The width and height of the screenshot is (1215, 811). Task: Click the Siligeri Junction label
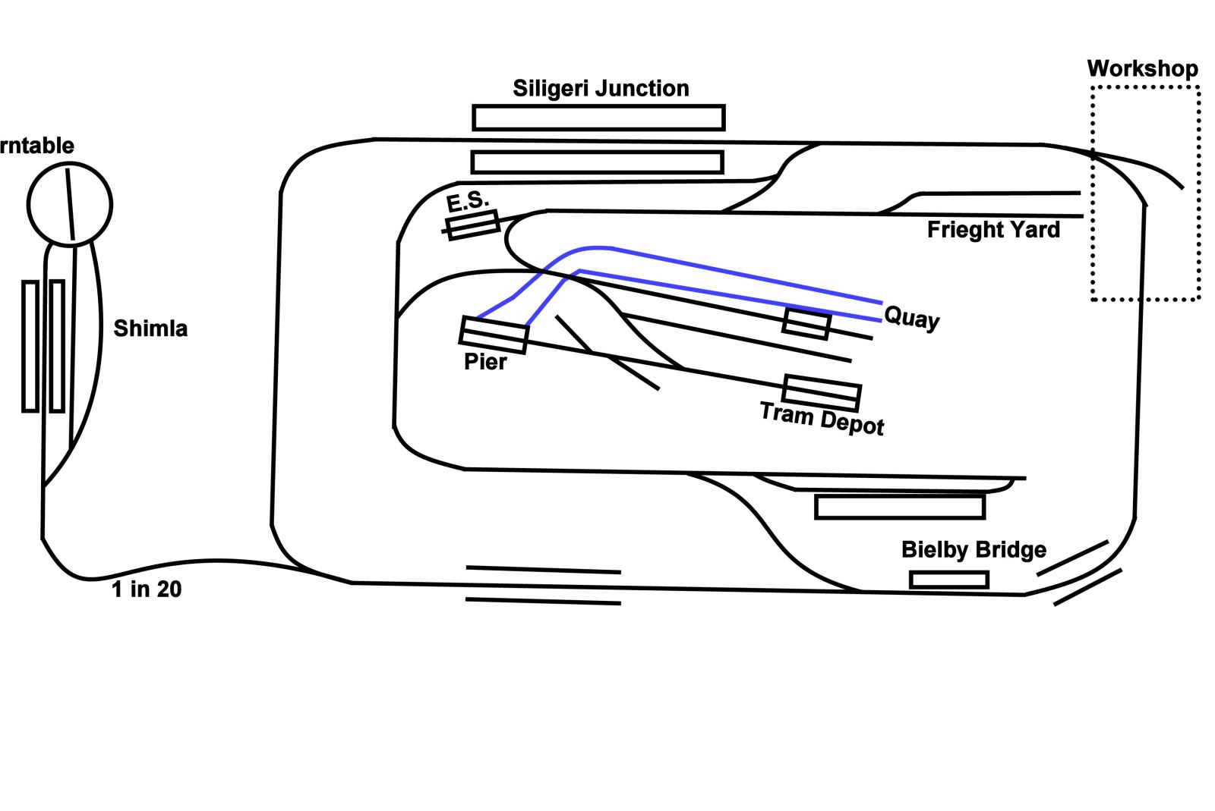[601, 89]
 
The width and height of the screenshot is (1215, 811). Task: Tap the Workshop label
[1142, 69]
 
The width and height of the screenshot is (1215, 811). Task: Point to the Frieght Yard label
[993, 230]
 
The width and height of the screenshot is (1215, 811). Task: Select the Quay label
[912, 317]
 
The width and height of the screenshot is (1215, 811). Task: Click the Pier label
[485, 362]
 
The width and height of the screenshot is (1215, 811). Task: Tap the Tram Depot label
[822, 419]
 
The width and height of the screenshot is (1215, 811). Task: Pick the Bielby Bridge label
[974, 549]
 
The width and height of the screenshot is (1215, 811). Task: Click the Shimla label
[150, 328]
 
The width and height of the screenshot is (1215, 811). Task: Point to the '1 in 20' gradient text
[147, 589]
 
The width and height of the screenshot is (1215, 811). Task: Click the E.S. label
[467, 201]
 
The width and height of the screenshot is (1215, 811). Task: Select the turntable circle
[70, 203]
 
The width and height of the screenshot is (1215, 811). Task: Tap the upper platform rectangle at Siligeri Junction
[598, 118]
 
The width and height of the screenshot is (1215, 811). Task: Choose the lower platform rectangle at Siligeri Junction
[597, 162]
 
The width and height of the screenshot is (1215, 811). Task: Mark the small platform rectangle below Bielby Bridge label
[949, 580]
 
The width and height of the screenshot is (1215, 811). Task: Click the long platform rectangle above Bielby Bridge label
[900, 506]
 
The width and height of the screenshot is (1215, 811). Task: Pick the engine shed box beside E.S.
[472, 225]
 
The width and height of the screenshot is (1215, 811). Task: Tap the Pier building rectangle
[494, 335]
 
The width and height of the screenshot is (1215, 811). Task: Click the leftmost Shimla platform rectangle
[30, 347]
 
